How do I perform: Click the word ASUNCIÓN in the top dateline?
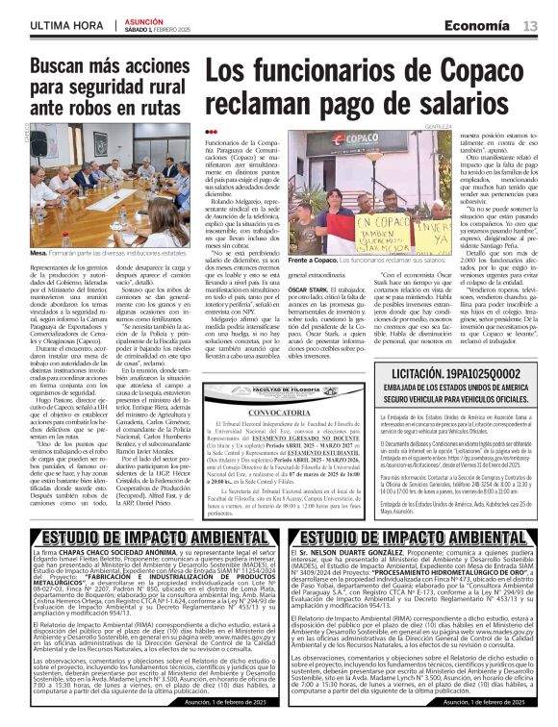145,20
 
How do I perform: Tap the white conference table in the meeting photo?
96,216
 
